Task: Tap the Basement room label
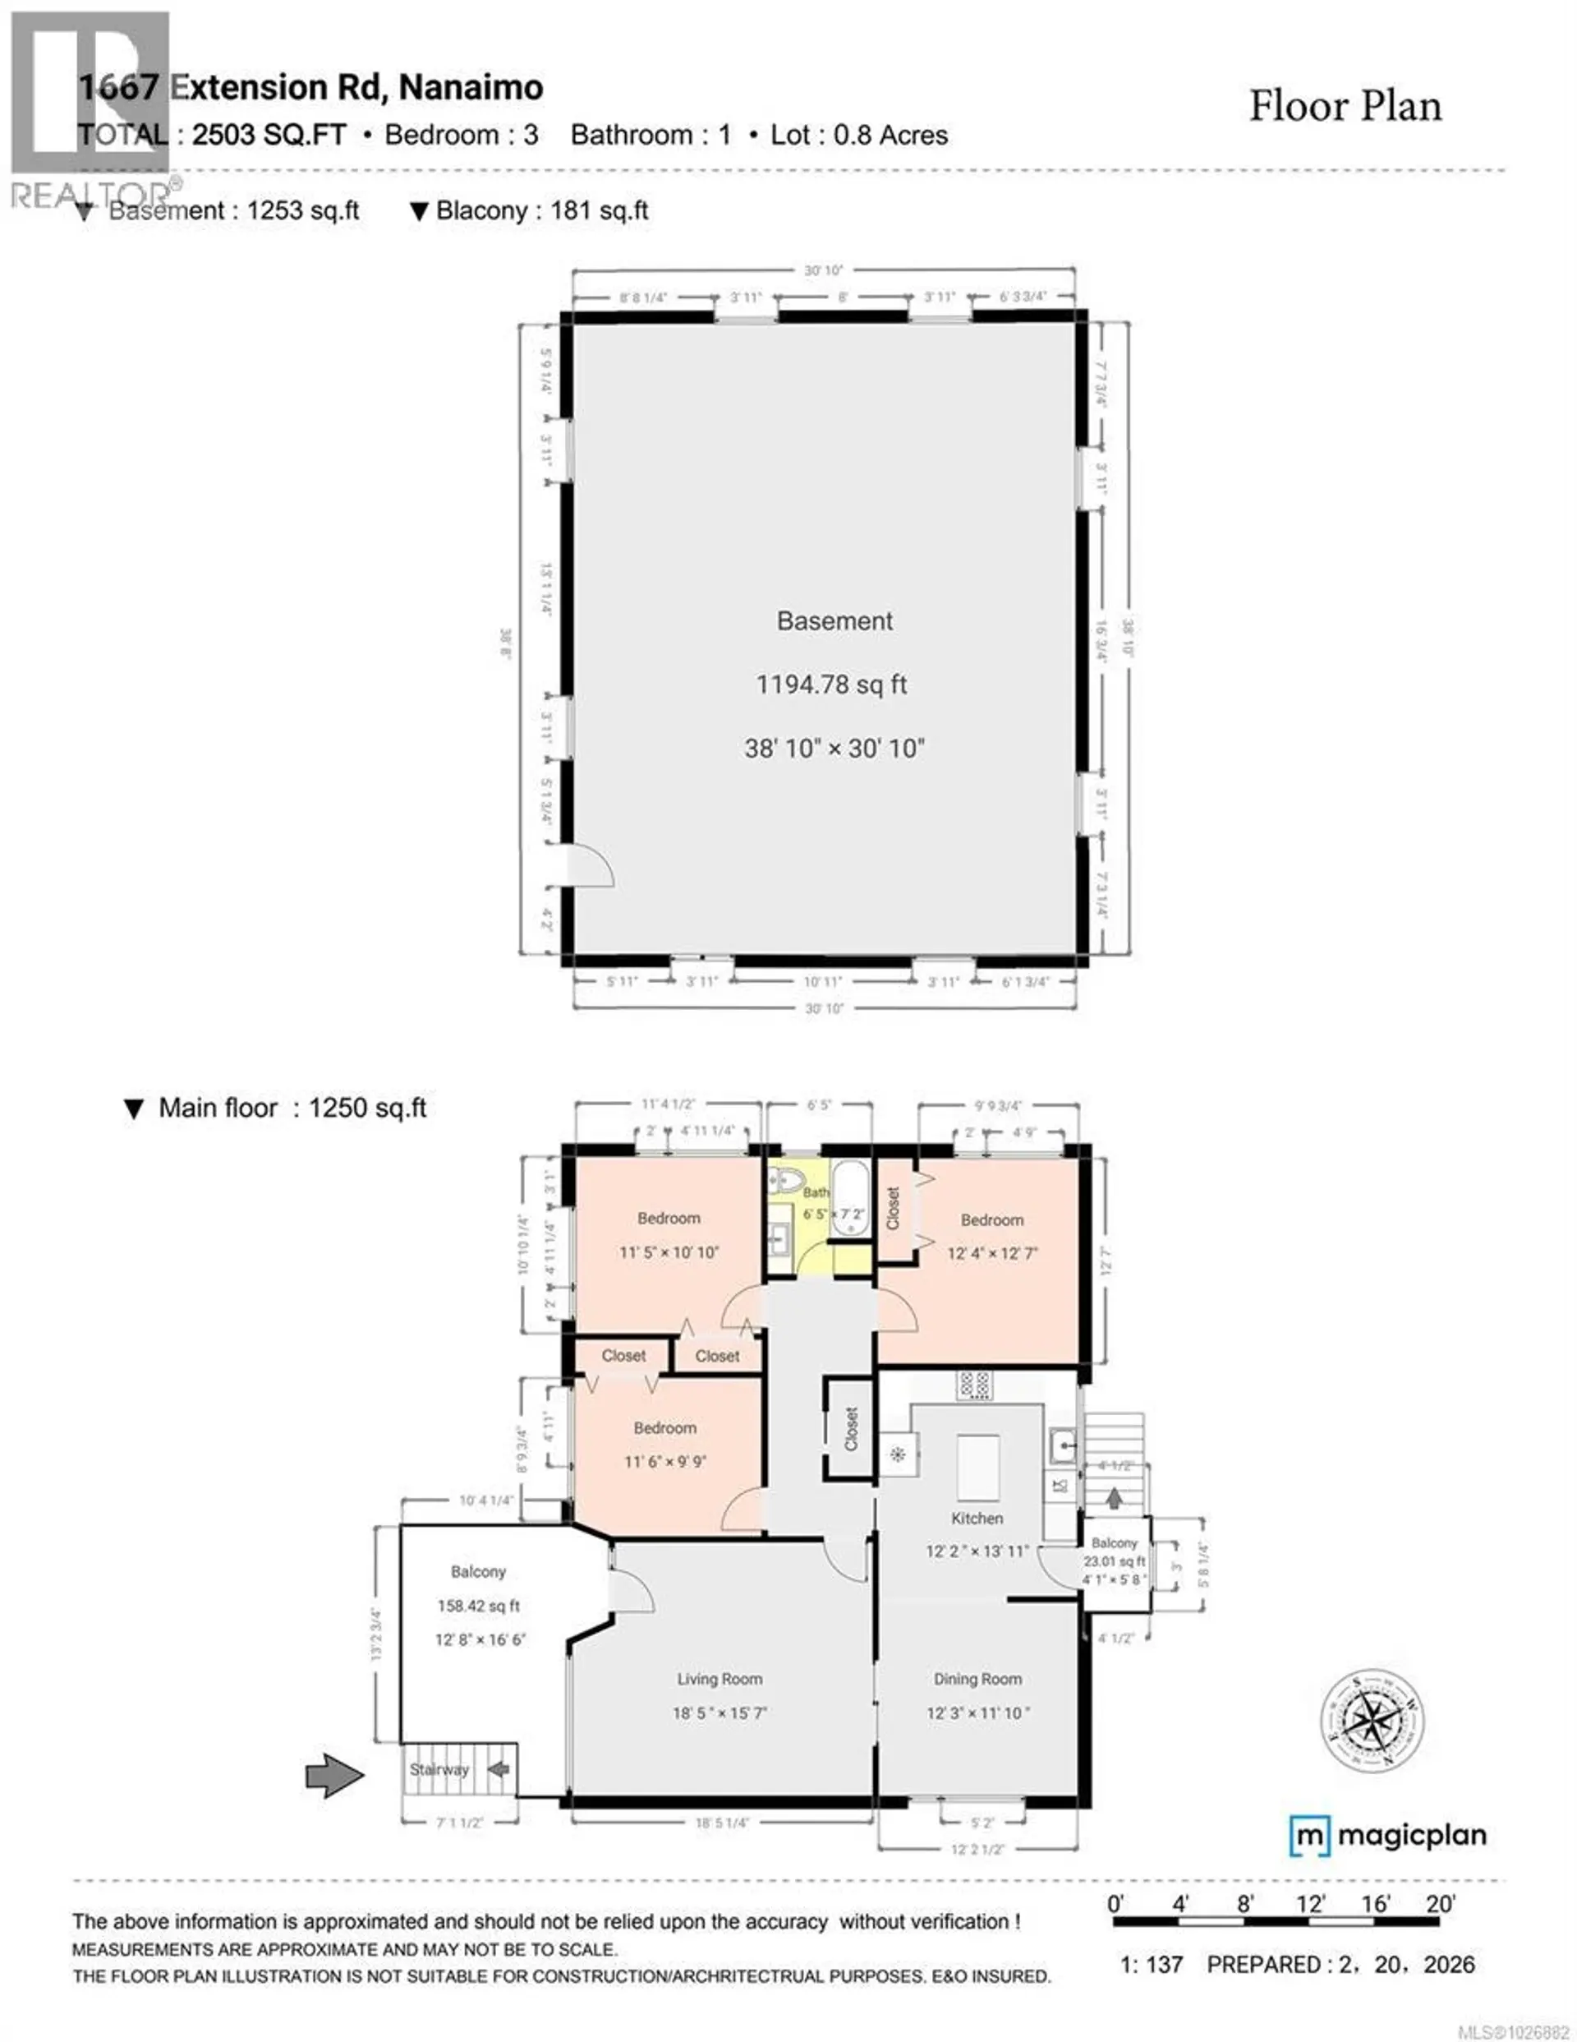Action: pyautogui.click(x=834, y=621)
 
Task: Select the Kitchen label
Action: pyautogui.click(x=977, y=1519)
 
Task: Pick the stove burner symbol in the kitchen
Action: pyautogui.click(x=974, y=1384)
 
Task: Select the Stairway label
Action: pyautogui.click(x=439, y=1769)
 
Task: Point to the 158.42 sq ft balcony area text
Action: pyautogui.click(x=478, y=1606)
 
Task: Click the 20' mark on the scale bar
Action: pyautogui.click(x=1440, y=1904)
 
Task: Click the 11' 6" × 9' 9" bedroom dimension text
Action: pyautogui.click(x=664, y=1461)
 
